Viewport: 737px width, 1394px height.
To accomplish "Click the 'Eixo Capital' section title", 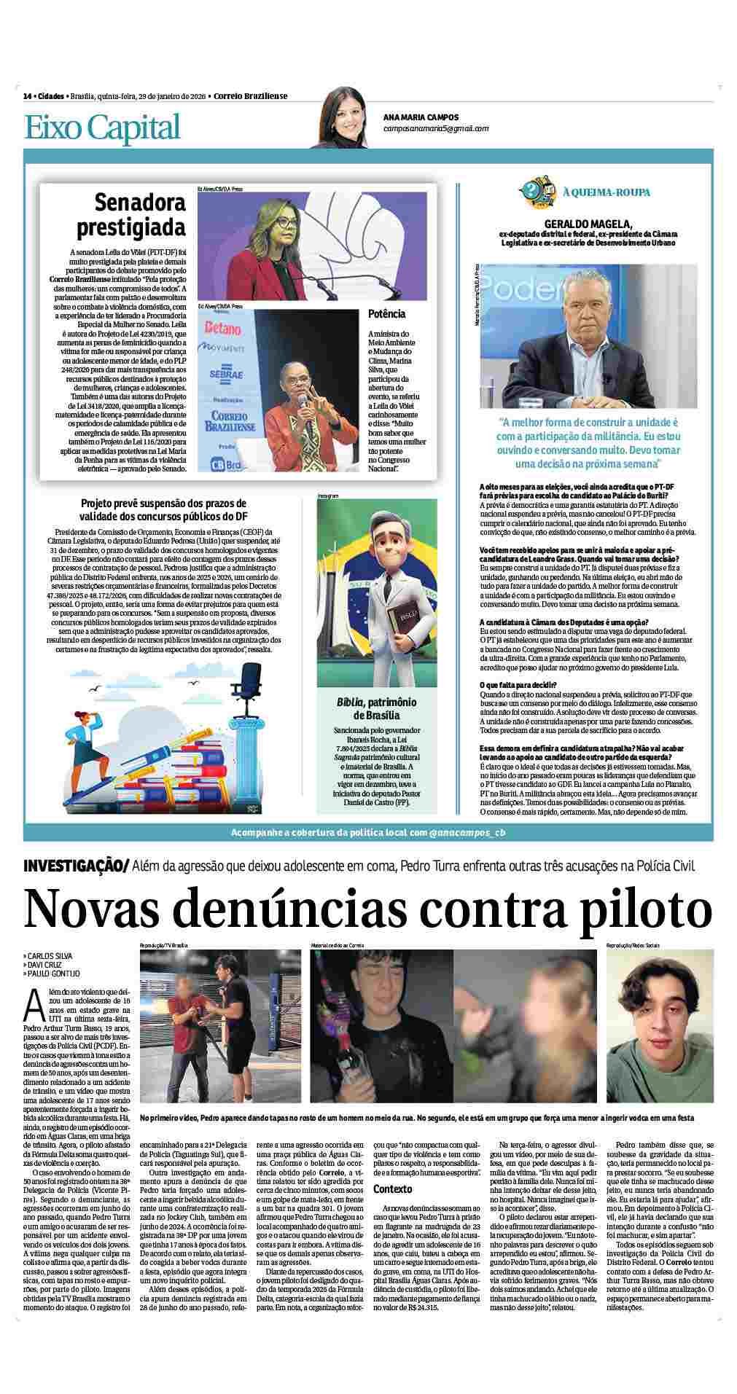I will (102, 127).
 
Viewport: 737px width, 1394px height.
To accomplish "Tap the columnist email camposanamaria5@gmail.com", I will (436, 128).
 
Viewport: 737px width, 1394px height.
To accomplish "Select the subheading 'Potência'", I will (387, 314).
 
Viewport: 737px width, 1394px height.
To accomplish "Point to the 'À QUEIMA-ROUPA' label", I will (607, 193).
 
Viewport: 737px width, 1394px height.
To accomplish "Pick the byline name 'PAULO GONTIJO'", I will (53, 974).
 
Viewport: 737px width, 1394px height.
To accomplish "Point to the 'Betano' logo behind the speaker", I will (223, 329).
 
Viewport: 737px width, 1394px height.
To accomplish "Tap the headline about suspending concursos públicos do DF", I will (163, 509).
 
